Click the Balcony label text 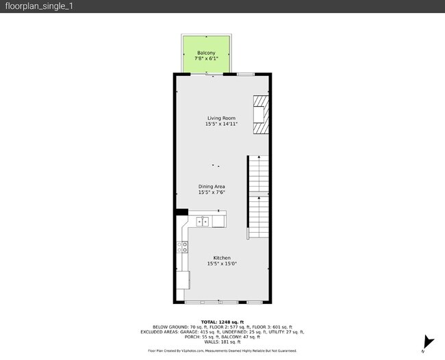point(206,53)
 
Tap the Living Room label point(222,118)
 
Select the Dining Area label point(212,186)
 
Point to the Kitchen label point(222,258)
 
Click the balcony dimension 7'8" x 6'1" point(206,59)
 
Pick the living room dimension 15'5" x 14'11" point(222,124)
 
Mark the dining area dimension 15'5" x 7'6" point(212,192)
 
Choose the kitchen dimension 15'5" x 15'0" point(222,263)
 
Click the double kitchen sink point(203,221)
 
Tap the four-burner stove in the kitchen point(183,247)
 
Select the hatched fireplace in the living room point(260,116)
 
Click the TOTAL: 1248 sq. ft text point(222,322)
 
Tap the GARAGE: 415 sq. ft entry point(190,332)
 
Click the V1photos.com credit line point(222,350)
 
